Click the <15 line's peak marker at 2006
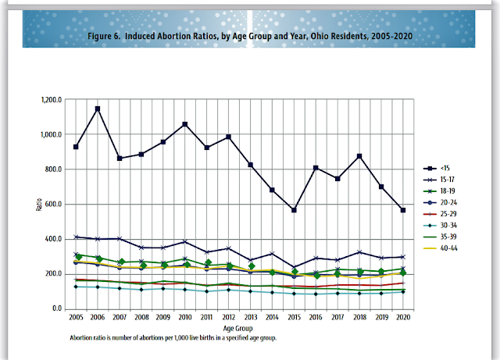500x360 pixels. click(98, 109)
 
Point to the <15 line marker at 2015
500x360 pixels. click(295, 210)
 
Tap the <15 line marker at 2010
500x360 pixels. click(185, 124)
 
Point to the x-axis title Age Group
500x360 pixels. click(239, 329)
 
